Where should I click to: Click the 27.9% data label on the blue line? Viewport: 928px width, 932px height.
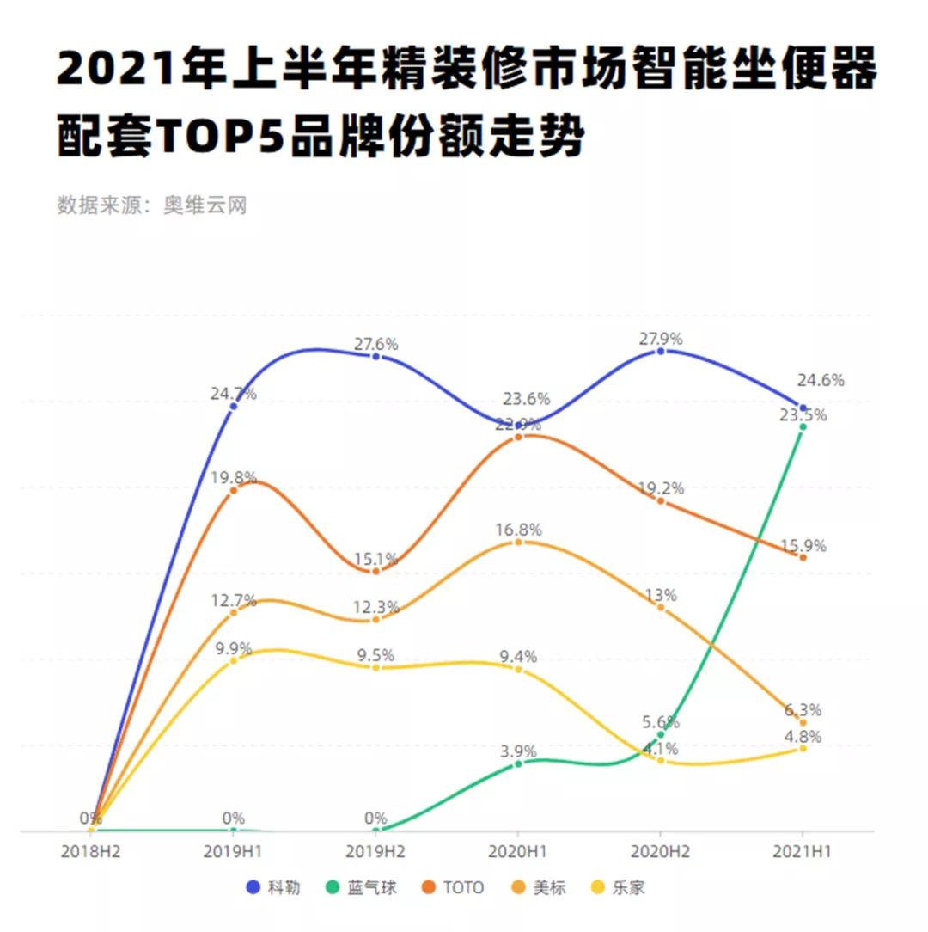click(x=660, y=338)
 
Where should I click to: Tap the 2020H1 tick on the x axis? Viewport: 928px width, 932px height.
click(x=517, y=851)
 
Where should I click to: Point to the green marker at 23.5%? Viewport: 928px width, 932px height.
click(x=803, y=426)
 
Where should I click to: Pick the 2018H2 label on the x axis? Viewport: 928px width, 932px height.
click(x=91, y=851)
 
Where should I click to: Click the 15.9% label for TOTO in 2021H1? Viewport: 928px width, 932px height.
click(x=803, y=545)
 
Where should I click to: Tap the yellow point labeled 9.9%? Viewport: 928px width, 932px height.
click(x=233, y=660)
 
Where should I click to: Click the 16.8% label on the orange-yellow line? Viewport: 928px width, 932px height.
click(x=518, y=530)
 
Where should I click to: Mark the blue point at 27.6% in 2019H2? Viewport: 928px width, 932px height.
click(x=375, y=356)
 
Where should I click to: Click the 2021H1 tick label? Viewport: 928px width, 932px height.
click(x=803, y=851)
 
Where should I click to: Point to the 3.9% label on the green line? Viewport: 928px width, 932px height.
click(x=518, y=751)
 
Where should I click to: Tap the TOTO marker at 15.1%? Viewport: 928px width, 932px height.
click(x=375, y=571)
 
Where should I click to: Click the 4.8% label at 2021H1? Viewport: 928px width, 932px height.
click(x=803, y=736)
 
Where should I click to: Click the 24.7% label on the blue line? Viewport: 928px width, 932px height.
click(x=233, y=394)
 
